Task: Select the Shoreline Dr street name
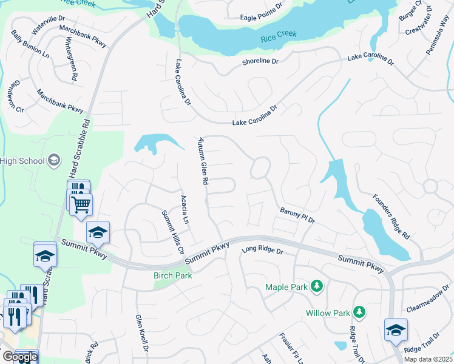(x=260, y=61)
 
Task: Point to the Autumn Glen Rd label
(x=203, y=161)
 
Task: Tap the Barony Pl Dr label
(x=297, y=215)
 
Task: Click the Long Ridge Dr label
(x=262, y=250)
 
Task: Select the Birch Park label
(x=172, y=275)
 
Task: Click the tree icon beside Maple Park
(x=316, y=286)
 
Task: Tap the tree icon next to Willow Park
(x=360, y=312)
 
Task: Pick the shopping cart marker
(x=81, y=204)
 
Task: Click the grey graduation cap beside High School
(x=54, y=160)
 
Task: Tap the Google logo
(x=19, y=357)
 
